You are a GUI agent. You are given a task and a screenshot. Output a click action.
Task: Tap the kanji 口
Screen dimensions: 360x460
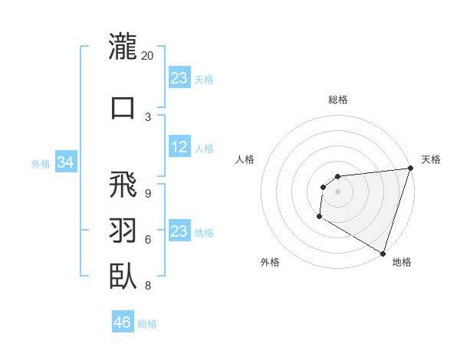[x=123, y=106]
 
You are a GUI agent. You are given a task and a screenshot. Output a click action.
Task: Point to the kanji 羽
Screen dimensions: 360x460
[x=123, y=231]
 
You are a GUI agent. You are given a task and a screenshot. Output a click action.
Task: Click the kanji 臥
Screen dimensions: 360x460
[x=123, y=275]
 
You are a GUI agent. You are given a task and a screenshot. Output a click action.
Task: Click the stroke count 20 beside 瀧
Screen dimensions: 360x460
[x=148, y=56]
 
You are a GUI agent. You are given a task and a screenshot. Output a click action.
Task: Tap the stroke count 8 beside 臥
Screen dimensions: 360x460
[x=148, y=286]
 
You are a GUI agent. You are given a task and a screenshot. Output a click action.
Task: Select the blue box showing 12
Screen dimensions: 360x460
[x=179, y=148]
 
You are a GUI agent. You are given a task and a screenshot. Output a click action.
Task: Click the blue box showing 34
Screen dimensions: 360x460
[x=66, y=162]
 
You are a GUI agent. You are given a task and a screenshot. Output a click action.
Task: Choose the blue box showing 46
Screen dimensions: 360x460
[x=122, y=322]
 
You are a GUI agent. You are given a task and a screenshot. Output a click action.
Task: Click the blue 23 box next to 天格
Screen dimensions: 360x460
[x=179, y=78]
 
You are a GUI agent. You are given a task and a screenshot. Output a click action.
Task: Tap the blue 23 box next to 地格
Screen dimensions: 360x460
[x=179, y=231]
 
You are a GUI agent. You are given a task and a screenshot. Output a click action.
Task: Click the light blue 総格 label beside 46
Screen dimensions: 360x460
[x=147, y=324]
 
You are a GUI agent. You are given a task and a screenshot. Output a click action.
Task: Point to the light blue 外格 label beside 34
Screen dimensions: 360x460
[x=41, y=163]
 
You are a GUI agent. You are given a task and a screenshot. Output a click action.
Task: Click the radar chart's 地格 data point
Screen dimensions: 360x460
[x=382, y=252]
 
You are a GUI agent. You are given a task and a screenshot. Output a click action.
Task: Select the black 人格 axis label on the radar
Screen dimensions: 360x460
[x=245, y=159]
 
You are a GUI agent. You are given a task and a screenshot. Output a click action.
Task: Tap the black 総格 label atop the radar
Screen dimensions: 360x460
[x=338, y=100]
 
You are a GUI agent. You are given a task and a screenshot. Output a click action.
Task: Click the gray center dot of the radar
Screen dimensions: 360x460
[x=337, y=191]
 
